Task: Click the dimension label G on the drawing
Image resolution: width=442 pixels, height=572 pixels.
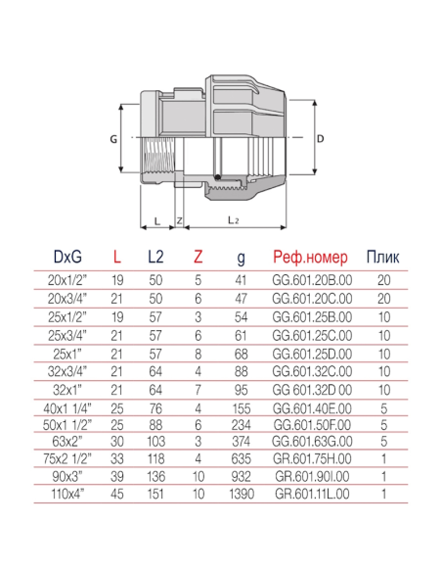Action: click(x=114, y=138)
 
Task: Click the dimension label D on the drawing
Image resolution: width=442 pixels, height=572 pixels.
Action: click(x=322, y=138)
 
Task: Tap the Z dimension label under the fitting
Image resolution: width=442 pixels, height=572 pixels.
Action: click(x=180, y=221)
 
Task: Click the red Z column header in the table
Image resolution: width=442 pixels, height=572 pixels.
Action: click(x=199, y=259)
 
